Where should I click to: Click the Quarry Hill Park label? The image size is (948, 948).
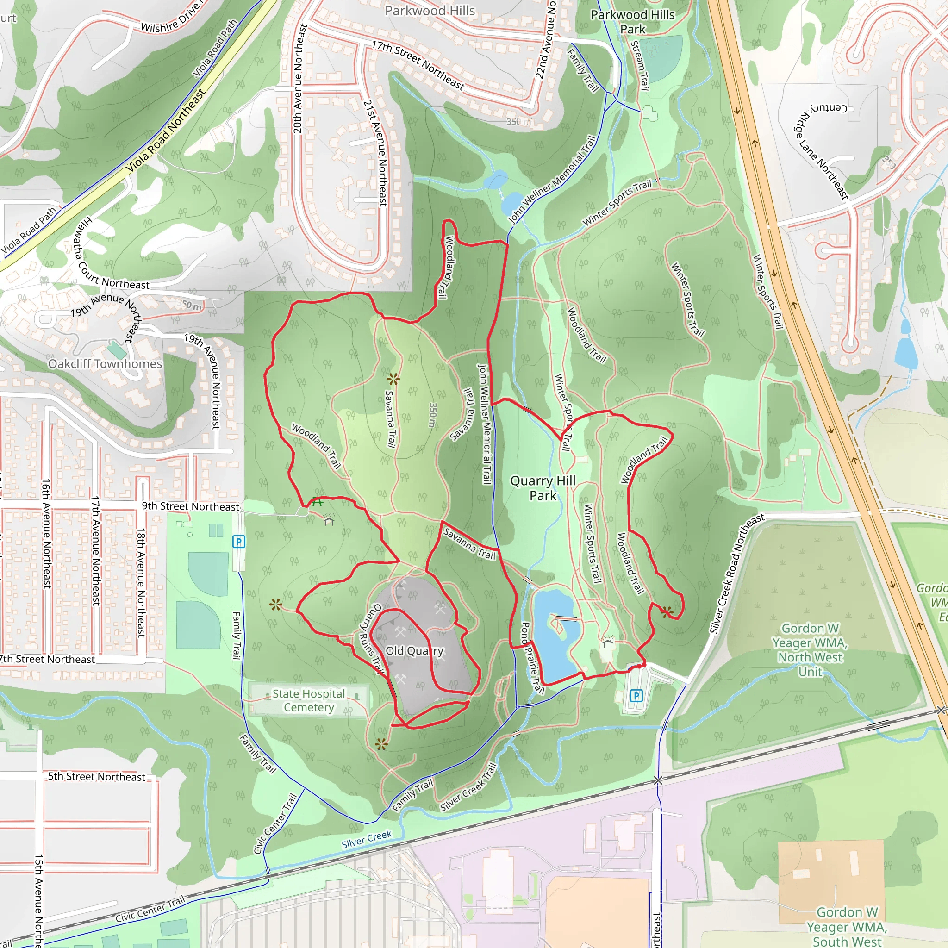click(543, 488)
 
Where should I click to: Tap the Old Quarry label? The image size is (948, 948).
click(414, 651)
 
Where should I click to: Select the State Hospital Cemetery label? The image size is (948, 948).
click(309, 700)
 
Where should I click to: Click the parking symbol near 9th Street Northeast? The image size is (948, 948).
click(238, 542)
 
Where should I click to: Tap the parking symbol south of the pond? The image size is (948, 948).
click(636, 695)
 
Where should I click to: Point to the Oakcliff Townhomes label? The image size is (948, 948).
click(105, 363)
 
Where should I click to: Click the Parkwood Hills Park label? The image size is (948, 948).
click(632, 22)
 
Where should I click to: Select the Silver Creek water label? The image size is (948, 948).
click(367, 839)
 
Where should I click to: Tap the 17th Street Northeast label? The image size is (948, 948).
click(418, 65)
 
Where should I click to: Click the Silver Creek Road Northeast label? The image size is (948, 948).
click(736, 573)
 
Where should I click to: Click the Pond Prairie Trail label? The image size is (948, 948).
click(531, 657)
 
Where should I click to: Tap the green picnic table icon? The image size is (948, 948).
click(318, 501)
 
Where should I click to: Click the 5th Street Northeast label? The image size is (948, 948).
click(96, 776)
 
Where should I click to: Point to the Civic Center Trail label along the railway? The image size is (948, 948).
click(150, 909)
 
